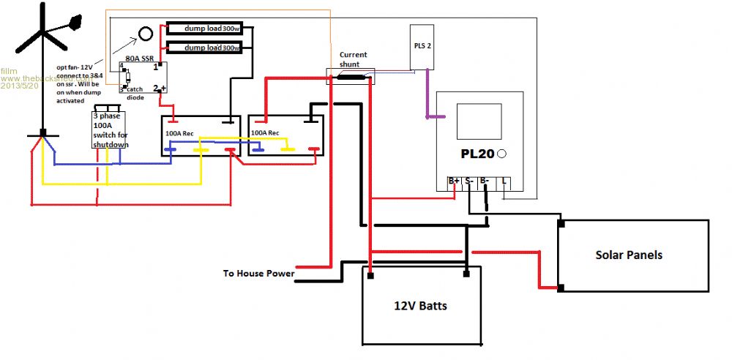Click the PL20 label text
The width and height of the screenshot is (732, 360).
pos(477,154)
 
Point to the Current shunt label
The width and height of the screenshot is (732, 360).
pos(354,59)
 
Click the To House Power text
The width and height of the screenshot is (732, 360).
pos(258,274)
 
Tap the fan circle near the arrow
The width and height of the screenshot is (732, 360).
pos(146,34)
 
